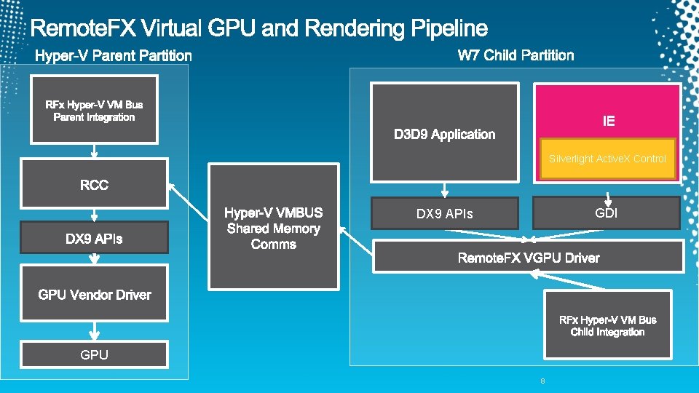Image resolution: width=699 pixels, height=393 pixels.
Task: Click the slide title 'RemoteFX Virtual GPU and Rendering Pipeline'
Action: [x=259, y=28]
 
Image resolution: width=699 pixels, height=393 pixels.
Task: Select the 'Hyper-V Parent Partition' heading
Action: [x=114, y=55]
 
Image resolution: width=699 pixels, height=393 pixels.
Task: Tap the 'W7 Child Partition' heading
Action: [x=516, y=55]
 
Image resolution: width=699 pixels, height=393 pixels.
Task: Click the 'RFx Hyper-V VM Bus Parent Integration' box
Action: [x=94, y=111]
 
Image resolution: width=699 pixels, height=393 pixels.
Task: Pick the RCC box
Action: [x=94, y=185]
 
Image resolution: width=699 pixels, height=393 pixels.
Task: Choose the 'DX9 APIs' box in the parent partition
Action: [x=94, y=238]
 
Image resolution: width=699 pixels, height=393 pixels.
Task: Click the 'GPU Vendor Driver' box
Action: [x=94, y=294]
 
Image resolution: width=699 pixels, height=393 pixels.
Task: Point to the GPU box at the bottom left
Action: [x=94, y=354]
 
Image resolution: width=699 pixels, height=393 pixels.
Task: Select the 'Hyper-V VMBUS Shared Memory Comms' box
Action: [x=273, y=228]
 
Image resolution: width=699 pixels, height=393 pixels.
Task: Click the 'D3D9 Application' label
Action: [x=444, y=135]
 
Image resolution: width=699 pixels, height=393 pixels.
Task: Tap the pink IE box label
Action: [x=609, y=121]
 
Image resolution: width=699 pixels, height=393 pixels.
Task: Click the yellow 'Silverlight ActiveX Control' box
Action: [x=607, y=159]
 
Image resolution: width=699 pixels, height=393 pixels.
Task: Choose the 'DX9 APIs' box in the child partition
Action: [x=444, y=213]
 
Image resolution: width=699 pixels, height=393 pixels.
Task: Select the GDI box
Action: [x=606, y=213]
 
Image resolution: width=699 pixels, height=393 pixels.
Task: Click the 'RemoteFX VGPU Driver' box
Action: [x=528, y=258]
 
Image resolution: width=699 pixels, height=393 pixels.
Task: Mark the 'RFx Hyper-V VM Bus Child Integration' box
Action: [x=607, y=325]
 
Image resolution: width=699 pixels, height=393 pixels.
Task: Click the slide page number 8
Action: [x=542, y=381]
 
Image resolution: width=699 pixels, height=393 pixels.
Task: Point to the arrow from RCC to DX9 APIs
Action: [x=94, y=216]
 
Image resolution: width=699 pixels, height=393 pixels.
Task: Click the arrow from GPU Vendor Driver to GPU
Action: [x=94, y=332]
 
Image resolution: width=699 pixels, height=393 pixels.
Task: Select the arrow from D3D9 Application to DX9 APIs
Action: [x=444, y=190]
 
